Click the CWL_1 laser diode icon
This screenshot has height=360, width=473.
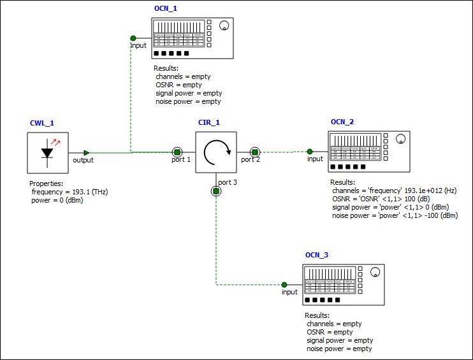(x=48, y=152)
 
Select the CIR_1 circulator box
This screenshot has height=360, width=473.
(x=215, y=152)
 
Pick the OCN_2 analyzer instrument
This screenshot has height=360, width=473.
(x=368, y=151)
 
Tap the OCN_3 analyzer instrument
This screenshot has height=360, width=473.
(x=343, y=284)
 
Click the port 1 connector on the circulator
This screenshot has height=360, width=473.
(x=177, y=152)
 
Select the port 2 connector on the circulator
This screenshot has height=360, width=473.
(x=254, y=152)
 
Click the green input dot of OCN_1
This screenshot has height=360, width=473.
(x=133, y=38)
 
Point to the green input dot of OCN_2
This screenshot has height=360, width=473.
(x=310, y=152)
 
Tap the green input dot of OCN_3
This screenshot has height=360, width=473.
(x=284, y=285)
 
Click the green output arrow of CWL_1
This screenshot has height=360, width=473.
(x=87, y=152)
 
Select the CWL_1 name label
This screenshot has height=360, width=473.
(x=41, y=123)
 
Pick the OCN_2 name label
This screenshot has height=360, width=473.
(x=342, y=122)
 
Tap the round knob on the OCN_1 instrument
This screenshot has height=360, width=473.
(x=224, y=26)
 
